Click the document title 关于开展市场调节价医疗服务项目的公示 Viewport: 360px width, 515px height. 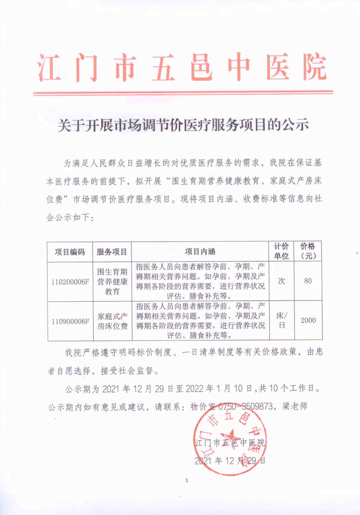pyautogui.click(x=183, y=125)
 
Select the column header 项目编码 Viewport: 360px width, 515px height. pyautogui.click(x=70, y=252)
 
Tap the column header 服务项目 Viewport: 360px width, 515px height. pyautogui.click(x=112, y=252)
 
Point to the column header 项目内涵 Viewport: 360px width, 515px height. pyautogui.click(x=200, y=252)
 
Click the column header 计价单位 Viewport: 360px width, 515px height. pyautogui.click(x=281, y=251)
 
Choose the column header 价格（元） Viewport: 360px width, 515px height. pyautogui.click(x=308, y=251)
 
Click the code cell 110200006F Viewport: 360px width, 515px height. pyautogui.click(x=70, y=282)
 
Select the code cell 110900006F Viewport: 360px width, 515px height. pyautogui.click(x=70, y=321)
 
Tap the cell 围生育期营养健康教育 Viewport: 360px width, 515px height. pyautogui.click(x=112, y=282)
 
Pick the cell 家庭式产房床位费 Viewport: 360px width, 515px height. pyautogui.click(x=112, y=321)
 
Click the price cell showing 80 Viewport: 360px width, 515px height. pyautogui.click(x=308, y=281)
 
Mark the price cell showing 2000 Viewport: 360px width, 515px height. pyautogui.click(x=308, y=320)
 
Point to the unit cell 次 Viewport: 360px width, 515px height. pyautogui.click(x=281, y=281)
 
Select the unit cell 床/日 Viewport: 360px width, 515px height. pyautogui.click(x=282, y=320)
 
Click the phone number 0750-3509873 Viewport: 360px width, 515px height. pyautogui.click(x=245, y=406)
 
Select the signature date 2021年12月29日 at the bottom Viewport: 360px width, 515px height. pyautogui.click(x=230, y=461)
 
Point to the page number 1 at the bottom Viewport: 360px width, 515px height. pyautogui.click(x=187, y=480)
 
